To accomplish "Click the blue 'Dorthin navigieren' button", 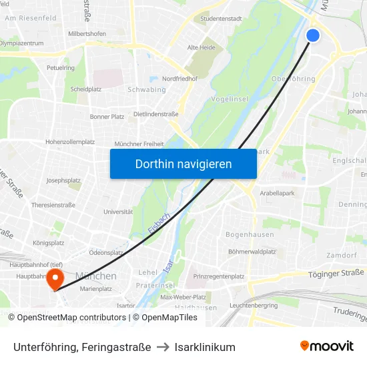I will pos(183,163).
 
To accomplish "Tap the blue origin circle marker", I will pos(312,35).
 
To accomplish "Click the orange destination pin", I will pos(55,278).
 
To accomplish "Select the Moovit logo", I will pos(327,346).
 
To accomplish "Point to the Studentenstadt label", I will pos(221,19).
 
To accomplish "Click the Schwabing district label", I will pos(146,89).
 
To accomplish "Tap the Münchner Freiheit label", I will pos(139,143).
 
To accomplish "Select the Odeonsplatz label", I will pos(106,253).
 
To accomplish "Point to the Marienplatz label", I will pos(96,289).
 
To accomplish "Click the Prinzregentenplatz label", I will pos(219,276).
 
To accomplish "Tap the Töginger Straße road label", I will pos(336,272).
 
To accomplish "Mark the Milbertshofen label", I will pos(87,33).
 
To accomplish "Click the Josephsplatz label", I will pos(64,181).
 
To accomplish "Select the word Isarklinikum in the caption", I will pos(206,347).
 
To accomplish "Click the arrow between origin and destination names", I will pos(163,347).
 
